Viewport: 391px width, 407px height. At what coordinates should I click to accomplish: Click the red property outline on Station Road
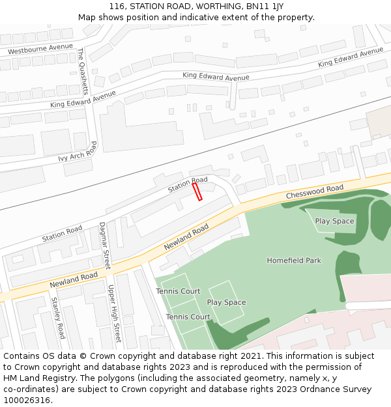(x=197, y=191)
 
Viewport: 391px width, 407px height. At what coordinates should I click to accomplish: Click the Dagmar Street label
(x=104, y=246)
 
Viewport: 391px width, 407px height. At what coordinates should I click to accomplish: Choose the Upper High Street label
(x=114, y=313)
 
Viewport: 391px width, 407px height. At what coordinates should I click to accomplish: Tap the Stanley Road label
(x=58, y=318)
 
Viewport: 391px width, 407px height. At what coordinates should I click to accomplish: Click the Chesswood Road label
(x=314, y=192)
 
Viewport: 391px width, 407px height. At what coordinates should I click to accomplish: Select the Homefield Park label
(x=294, y=260)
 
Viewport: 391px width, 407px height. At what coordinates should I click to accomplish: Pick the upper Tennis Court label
(x=178, y=291)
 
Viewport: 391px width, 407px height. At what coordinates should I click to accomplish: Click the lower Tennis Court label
(x=188, y=317)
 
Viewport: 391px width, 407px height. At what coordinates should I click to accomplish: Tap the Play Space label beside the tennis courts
(x=226, y=302)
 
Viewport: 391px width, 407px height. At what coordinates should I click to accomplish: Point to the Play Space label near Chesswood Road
(x=334, y=221)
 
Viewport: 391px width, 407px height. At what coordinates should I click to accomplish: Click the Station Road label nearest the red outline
(x=188, y=184)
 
